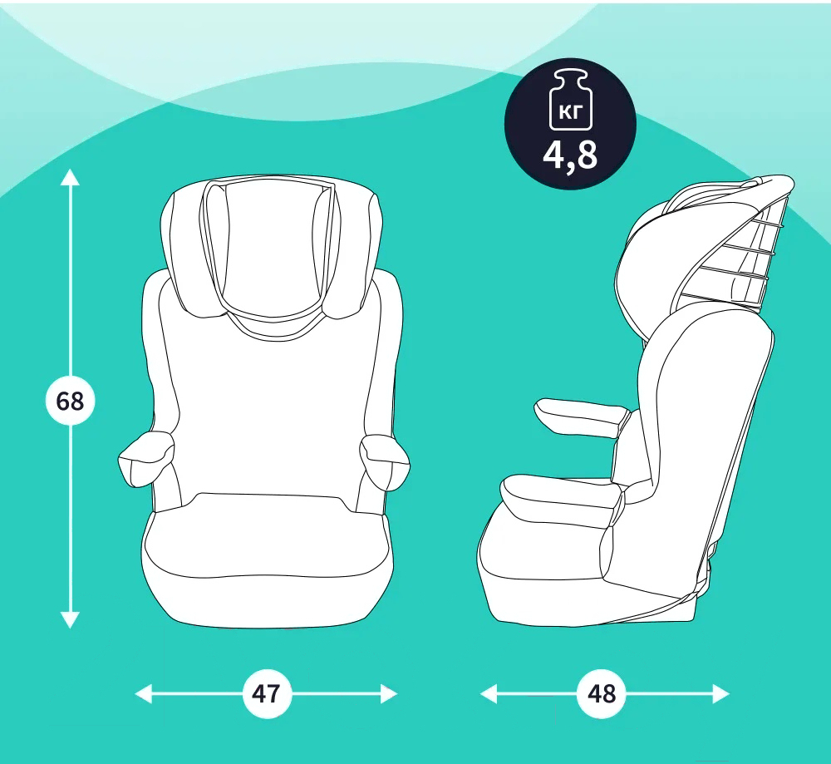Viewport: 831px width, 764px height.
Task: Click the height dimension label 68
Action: [x=70, y=401]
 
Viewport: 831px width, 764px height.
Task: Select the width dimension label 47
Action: [x=267, y=693]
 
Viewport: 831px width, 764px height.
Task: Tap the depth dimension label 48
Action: [x=602, y=693]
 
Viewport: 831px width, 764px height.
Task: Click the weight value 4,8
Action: [x=570, y=155]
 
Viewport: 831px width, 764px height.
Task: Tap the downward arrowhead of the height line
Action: [x=70, y=620]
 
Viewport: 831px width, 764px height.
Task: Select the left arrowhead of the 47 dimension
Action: [x=144, y=693]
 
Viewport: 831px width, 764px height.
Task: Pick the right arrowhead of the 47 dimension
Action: [x=389, y=693]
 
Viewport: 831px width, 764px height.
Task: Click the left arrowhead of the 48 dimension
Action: [x=489, y=693]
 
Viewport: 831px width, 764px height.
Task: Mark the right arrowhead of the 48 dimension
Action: [x=720, y=693]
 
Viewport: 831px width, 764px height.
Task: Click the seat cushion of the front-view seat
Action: [x=268, y=562]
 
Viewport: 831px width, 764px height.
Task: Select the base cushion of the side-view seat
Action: [x=551, y=551]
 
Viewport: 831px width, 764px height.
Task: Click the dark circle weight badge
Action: [x=570, y=124]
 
